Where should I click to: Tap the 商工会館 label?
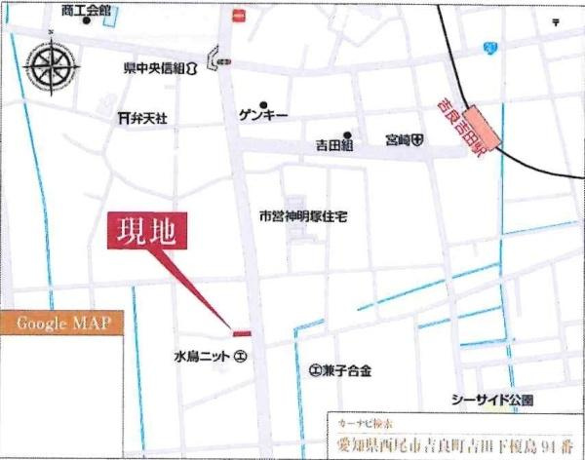pos(85,9)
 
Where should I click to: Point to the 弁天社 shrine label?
pos(142,117)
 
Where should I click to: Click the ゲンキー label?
pos(263,115)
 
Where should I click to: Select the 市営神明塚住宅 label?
pos(302,215)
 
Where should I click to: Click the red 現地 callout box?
pos(147,231)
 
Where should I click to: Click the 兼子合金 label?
pos(340,370)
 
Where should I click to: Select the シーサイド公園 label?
pos(491,400)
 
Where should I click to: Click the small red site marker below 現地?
pos(241,334)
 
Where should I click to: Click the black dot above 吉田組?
pos(345,134)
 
